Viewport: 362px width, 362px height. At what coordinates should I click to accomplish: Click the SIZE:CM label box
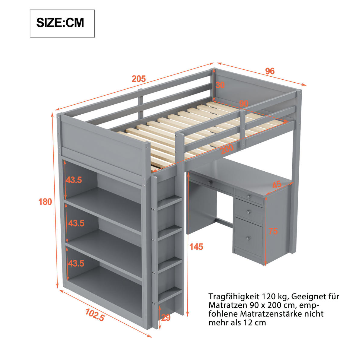click(x=62, y=24)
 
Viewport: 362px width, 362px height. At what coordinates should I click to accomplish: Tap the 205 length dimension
click(x=139, y=79)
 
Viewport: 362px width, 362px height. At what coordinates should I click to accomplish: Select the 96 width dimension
click(x=270, y=71)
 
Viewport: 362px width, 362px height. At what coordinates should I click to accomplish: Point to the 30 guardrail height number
click(x=220, y=85)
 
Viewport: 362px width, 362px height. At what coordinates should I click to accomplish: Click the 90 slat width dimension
click(x=244, y=103)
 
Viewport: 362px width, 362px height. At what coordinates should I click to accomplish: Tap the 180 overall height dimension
click(x=45, y=202)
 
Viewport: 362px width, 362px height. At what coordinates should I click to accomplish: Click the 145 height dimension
click(x=196, y=247)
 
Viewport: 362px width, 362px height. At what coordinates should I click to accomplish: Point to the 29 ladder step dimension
click(x=166, y=317)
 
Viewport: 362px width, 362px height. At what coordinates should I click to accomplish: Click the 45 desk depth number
click(x=277, y=185)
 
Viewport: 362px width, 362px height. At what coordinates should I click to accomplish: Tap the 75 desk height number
click(x=273, y=231)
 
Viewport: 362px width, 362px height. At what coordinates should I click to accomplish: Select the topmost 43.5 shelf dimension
click(x=74, y=180)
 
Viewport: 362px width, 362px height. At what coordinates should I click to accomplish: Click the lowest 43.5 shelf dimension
click(x=76, y=263)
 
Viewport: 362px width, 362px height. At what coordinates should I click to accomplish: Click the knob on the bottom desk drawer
click(x=248, y=238)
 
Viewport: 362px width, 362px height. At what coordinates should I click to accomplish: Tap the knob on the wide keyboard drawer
click(x=210, y=182)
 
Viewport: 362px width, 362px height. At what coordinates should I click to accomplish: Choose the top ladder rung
click(x=170, y=202)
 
